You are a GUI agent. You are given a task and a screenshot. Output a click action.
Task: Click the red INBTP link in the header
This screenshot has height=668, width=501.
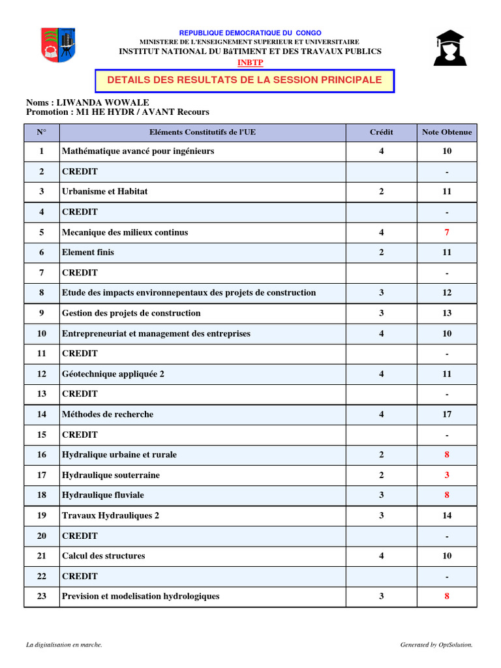tap(250, 62)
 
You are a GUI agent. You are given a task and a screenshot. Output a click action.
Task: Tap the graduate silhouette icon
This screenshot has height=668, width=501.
tap(449, 48)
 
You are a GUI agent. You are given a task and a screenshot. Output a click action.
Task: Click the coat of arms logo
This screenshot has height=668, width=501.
tap(57, 46)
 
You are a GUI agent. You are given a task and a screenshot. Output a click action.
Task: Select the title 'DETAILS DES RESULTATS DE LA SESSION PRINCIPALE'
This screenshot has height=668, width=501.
tap(245, 80)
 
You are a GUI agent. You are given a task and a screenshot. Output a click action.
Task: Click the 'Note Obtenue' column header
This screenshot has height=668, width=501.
tap(447, 132)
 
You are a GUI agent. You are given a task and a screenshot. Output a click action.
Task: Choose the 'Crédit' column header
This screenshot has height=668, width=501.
tap(382, 132)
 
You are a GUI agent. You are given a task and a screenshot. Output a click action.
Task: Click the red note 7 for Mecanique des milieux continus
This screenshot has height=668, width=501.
tap(447, 232)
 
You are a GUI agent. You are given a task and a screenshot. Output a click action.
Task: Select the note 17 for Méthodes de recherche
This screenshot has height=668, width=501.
tap(447, 414)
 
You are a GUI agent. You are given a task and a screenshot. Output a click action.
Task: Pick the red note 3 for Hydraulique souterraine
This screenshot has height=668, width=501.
tap(447, 475)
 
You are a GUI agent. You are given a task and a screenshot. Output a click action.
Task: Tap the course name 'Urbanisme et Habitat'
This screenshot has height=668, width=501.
tap(105, 192)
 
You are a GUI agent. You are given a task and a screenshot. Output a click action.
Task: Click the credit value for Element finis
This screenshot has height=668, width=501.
tap(382, 252)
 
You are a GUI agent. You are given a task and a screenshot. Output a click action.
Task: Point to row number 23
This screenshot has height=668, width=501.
tap(42, 596)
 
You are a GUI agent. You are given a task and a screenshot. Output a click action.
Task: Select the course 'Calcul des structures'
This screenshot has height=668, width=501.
tap(104, 556)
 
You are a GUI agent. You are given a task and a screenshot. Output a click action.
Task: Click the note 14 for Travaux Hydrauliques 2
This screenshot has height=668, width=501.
tap(447, 515)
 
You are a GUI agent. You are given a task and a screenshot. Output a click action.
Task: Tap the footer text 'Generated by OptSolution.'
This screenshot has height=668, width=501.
tap(436, 645)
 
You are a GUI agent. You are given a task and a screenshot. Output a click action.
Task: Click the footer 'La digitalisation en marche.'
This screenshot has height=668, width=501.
tap(64, 645)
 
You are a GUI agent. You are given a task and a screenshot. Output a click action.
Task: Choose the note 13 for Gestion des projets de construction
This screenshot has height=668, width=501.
tap(447, 313)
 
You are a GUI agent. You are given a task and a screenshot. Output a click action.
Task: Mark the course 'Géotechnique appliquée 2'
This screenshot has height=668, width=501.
tap(113, 374)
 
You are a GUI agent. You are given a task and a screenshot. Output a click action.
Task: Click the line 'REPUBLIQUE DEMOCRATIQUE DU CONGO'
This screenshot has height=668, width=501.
tap(250, 33)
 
